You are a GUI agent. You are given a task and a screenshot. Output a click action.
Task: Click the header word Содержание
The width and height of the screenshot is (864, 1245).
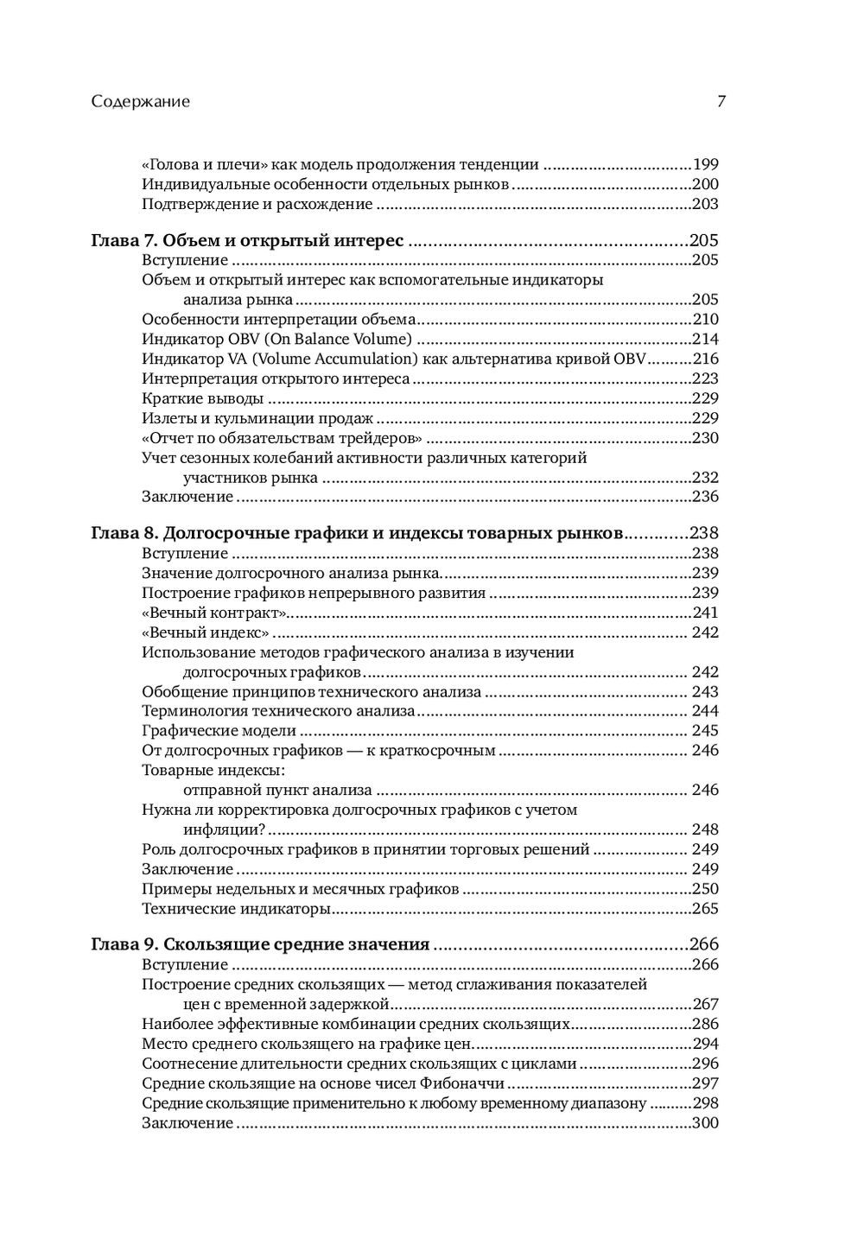coord(140,101)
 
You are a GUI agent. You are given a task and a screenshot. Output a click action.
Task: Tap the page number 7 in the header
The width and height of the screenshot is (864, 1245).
coord(721,101)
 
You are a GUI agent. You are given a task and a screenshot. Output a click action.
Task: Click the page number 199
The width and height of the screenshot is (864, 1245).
coord(706,164)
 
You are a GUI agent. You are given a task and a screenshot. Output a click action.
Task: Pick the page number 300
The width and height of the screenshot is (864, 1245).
coord(706,1123)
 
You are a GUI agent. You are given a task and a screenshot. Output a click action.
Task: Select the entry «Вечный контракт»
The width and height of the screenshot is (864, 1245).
coord(214,613)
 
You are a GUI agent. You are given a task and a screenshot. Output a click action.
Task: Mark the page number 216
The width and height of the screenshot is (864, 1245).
coord(706,359)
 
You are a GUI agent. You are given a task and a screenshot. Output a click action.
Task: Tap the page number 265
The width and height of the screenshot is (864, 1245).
coord(706,909)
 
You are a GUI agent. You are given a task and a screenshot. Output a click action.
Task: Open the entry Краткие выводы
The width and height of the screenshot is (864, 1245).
coord(202,398)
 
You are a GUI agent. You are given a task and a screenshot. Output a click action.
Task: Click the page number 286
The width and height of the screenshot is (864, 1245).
coord(706,1025)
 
